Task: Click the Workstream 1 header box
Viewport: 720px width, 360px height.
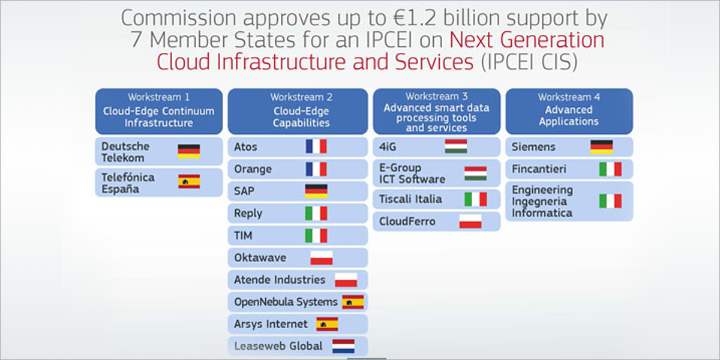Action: coord(159,111)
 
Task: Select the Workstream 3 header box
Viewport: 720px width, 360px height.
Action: coord(437,111)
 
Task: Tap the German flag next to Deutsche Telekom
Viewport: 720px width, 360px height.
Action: coord(188,151)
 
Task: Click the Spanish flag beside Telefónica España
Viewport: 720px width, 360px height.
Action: coord(189,182)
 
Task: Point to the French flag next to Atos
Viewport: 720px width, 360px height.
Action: coord(316,146)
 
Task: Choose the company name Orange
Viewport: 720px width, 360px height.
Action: coord(253,169)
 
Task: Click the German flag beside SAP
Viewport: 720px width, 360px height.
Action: coord(316,191)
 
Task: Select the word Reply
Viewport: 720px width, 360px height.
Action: coord(248,214)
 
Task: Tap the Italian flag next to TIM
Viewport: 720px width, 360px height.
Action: coord(316,236)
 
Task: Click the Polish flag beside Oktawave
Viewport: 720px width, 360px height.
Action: coord(322,258)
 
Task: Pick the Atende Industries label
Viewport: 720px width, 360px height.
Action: coord(280,280)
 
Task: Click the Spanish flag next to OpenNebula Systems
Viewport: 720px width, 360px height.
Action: coord(353,302)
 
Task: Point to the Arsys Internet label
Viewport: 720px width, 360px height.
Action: coord(271,324)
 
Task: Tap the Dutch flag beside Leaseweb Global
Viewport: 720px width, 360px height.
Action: coord(343,346)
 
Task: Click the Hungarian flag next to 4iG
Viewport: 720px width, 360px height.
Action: coord(456,146)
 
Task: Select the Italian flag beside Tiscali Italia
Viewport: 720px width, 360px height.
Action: coord(476,199)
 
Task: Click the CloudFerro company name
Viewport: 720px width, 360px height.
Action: coord(407,221)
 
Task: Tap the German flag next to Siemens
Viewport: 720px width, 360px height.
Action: coord(601,147)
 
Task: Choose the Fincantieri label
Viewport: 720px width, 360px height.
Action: coord(539,169)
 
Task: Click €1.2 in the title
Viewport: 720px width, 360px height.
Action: coord(415,18)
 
